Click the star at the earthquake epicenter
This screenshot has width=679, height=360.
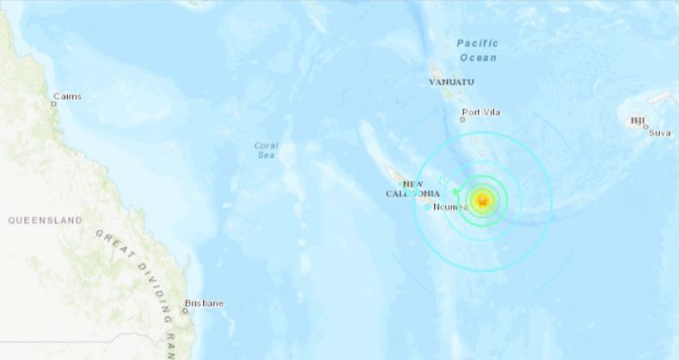click(481, 200)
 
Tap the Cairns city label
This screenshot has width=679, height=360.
click(68, 96)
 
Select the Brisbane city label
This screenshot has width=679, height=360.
click(204, 303)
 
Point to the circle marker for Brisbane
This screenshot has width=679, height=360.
click(186, 310)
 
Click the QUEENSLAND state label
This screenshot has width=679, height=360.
click(46, 221)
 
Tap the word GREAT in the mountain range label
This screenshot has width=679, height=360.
click(111, 242)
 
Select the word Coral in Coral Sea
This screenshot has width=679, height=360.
click(266, 145)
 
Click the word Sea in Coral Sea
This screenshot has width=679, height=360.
click(266, 156)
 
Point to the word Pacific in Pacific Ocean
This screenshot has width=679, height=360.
click(477, 43)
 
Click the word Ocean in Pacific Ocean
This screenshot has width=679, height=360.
click(478, 58)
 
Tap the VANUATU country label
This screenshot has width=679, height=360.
click(453, 82)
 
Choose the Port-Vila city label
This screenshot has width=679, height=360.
click(481, 112)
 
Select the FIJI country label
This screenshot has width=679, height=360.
click(638, 120)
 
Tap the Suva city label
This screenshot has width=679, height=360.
click(660, 132)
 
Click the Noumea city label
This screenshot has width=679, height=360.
click(451, 207)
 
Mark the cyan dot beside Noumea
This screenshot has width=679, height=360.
click(428, 206)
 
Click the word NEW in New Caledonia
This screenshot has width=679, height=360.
click(414, 184)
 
